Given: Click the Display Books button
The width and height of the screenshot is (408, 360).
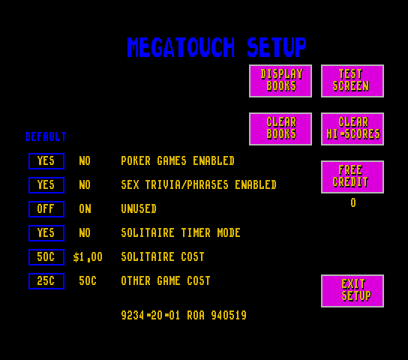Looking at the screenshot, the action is pyautogui.click(x=280, y=81).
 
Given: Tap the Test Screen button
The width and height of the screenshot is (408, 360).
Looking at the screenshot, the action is pyautogui.click(x=352, y=81).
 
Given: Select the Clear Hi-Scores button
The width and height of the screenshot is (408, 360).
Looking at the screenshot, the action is pyautogui.click(x=352, y=129).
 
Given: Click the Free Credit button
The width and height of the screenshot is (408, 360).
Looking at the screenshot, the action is pyautogui.click(x=352, y=177).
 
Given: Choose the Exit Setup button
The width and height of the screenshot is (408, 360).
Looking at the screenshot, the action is pyautogui.click(x=352, y=291).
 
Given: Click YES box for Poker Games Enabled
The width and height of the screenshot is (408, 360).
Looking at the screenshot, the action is pyautogui.click(x=46, y=161).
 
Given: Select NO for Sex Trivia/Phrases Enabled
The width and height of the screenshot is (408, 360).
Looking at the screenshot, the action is pyautogui.click(x=85, y=185).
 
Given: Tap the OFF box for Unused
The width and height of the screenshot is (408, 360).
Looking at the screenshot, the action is pyautogui.click(x=46, y=209).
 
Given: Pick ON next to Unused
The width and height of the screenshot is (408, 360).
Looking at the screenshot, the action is pyautogui.click(x=85, y=208).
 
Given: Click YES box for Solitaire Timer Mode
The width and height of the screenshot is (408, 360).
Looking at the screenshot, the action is pyautogui.click(x=46, y=233).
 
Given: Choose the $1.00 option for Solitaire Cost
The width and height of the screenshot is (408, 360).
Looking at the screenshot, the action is pyautogui.click(x=88, y=257).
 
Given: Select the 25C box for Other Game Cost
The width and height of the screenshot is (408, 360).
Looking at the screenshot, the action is pyautogui.click(x=46, y=281).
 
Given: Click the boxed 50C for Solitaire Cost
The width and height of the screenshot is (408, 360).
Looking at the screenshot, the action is pyautogui.click(x=46, y=257).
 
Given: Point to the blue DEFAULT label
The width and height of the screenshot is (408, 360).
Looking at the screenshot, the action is pyautogui.click(x=46, y=136).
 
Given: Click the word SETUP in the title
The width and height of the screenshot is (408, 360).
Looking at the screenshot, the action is pyautogui.click(x=276, y=47).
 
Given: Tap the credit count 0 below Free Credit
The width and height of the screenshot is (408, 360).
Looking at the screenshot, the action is pyautogui.click(x=353, y=202).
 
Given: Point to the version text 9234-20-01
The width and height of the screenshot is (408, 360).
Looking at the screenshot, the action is pyautogui.click(x=151, y=315).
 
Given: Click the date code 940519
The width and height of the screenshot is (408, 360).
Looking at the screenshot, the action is pyautogui.click(x=229, y=315).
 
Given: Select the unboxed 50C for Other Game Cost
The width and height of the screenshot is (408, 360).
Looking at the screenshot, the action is pyautogui.click(x=88, y=281).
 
